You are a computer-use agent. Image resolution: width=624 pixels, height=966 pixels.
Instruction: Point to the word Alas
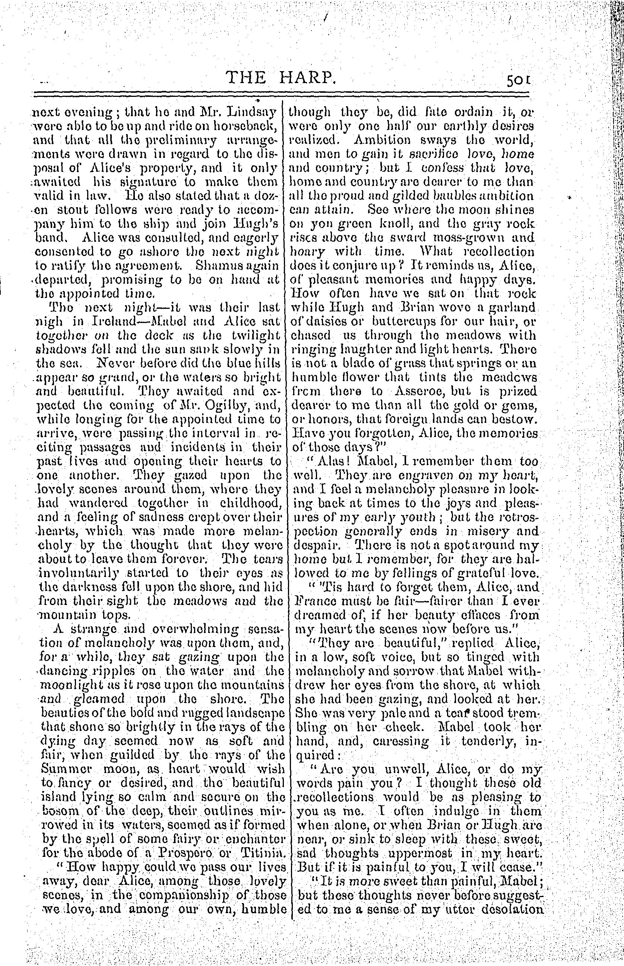332,462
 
